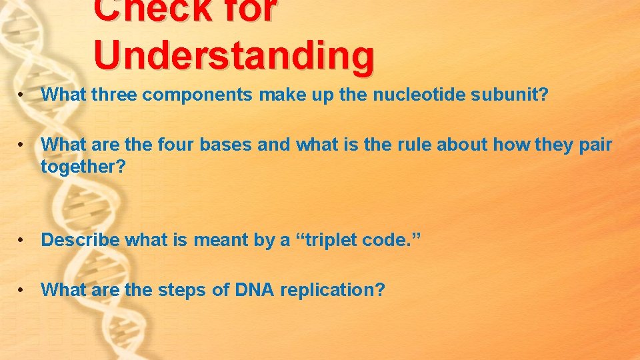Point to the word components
tap(197, 95)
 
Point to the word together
tap(83, 167)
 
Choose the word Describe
tap(80, 240)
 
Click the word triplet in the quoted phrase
tap(331, 241)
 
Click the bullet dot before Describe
tap(23, 241)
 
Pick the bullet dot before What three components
tap(23, 95)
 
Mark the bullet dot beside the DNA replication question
tap(23, 291)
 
